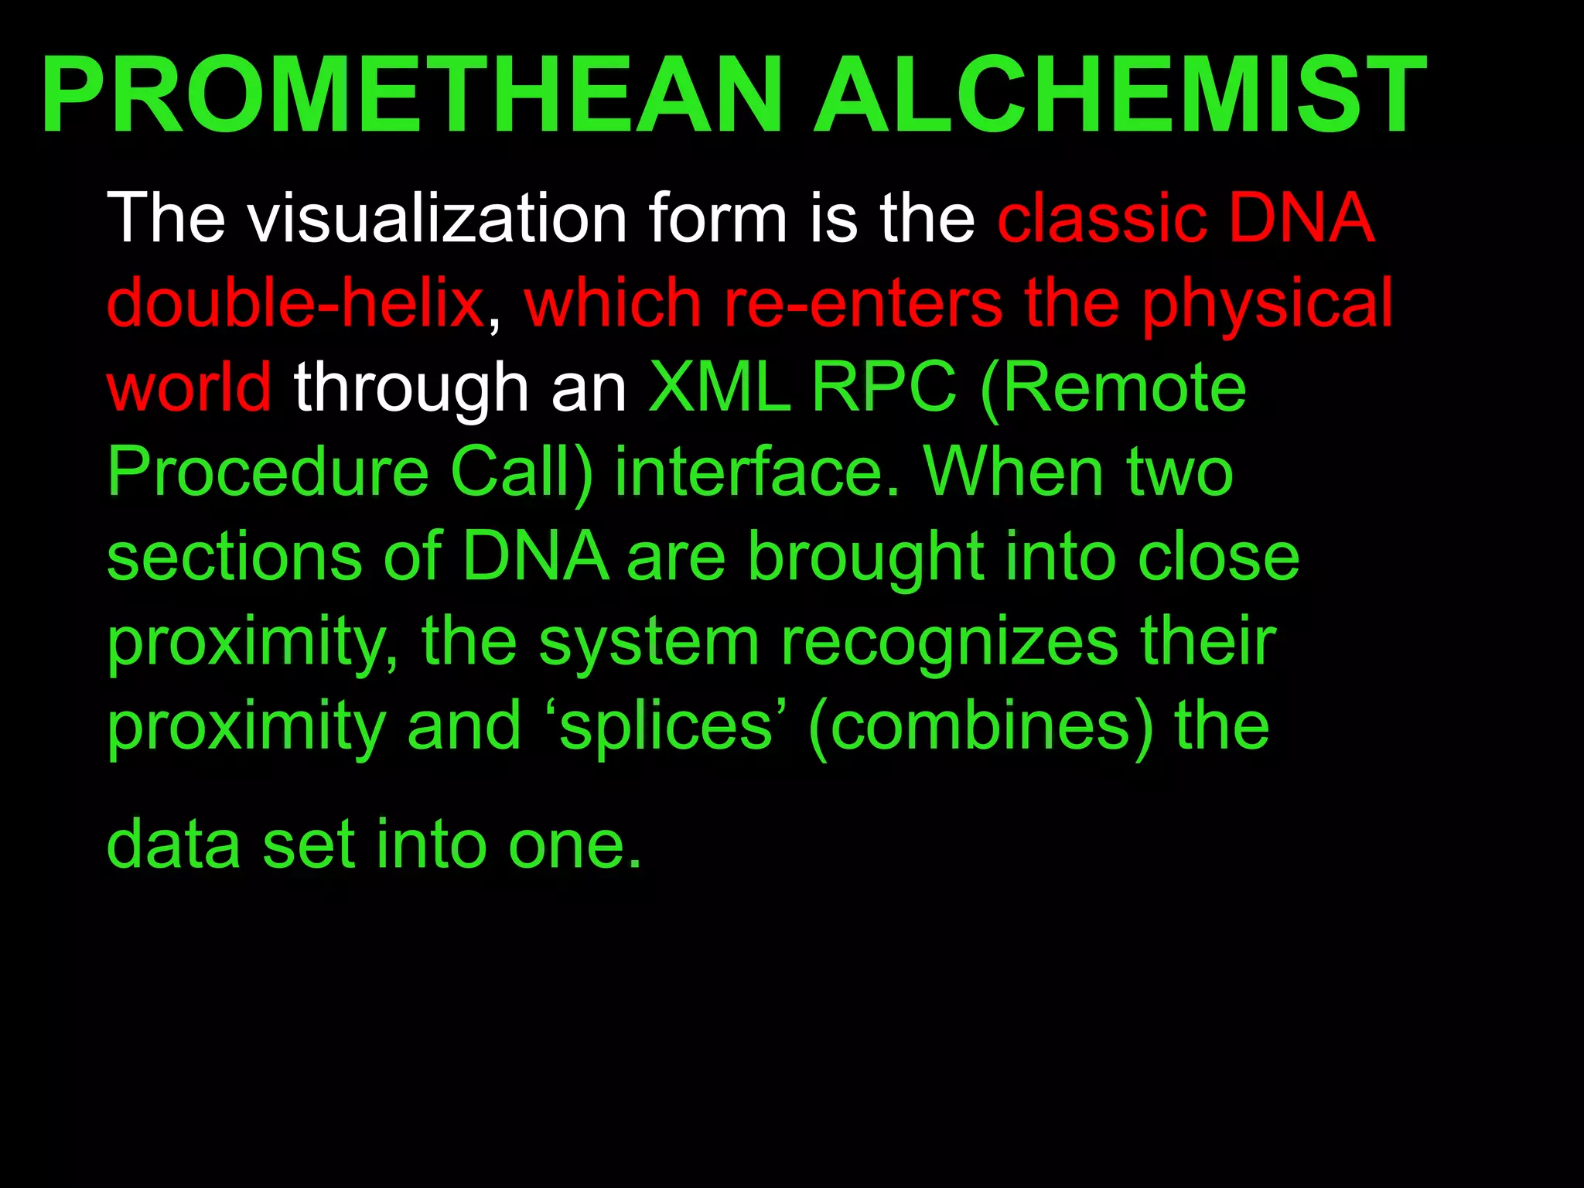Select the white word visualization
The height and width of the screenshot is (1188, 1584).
(437, 218)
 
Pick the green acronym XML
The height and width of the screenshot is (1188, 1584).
(720, 387)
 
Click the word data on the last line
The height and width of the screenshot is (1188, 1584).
(174, 845)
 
